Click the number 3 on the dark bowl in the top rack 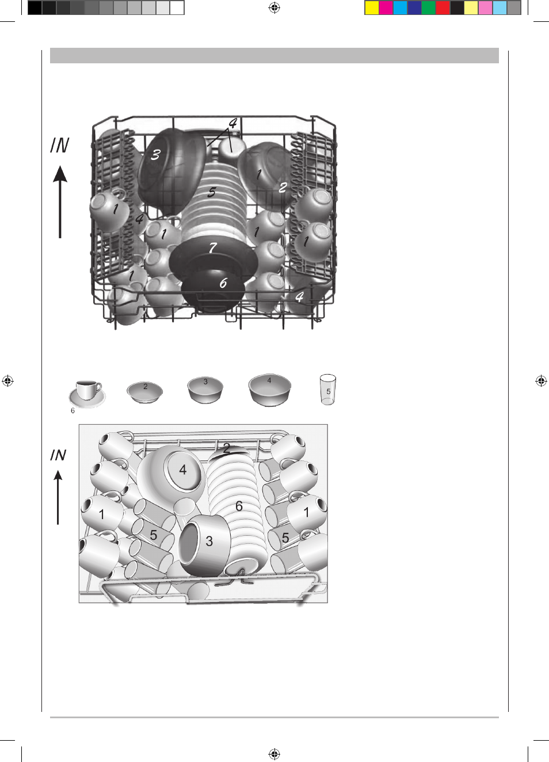click(155, 155)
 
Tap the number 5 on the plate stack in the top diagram click(212, 192)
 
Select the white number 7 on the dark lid click(213, 247)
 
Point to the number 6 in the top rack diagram click(223, 283)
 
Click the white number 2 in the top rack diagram click(283, 188)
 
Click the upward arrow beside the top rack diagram click(60, 202)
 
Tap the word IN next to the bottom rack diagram click(58, 455)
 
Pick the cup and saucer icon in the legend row click(87, 394)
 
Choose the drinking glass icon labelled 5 click(328, 390)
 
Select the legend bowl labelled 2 click(145, 393)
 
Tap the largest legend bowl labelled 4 click(270, 390)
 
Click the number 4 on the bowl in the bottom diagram click(182, 470)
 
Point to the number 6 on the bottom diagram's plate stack click(239, 506)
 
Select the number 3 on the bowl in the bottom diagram click(209, 541)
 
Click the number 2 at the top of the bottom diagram click(227, 448)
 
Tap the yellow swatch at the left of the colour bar click(372, 8)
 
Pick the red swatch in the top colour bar click(443, 8)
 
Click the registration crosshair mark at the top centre click(274, 7)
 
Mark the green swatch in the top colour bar click(429, 8)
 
